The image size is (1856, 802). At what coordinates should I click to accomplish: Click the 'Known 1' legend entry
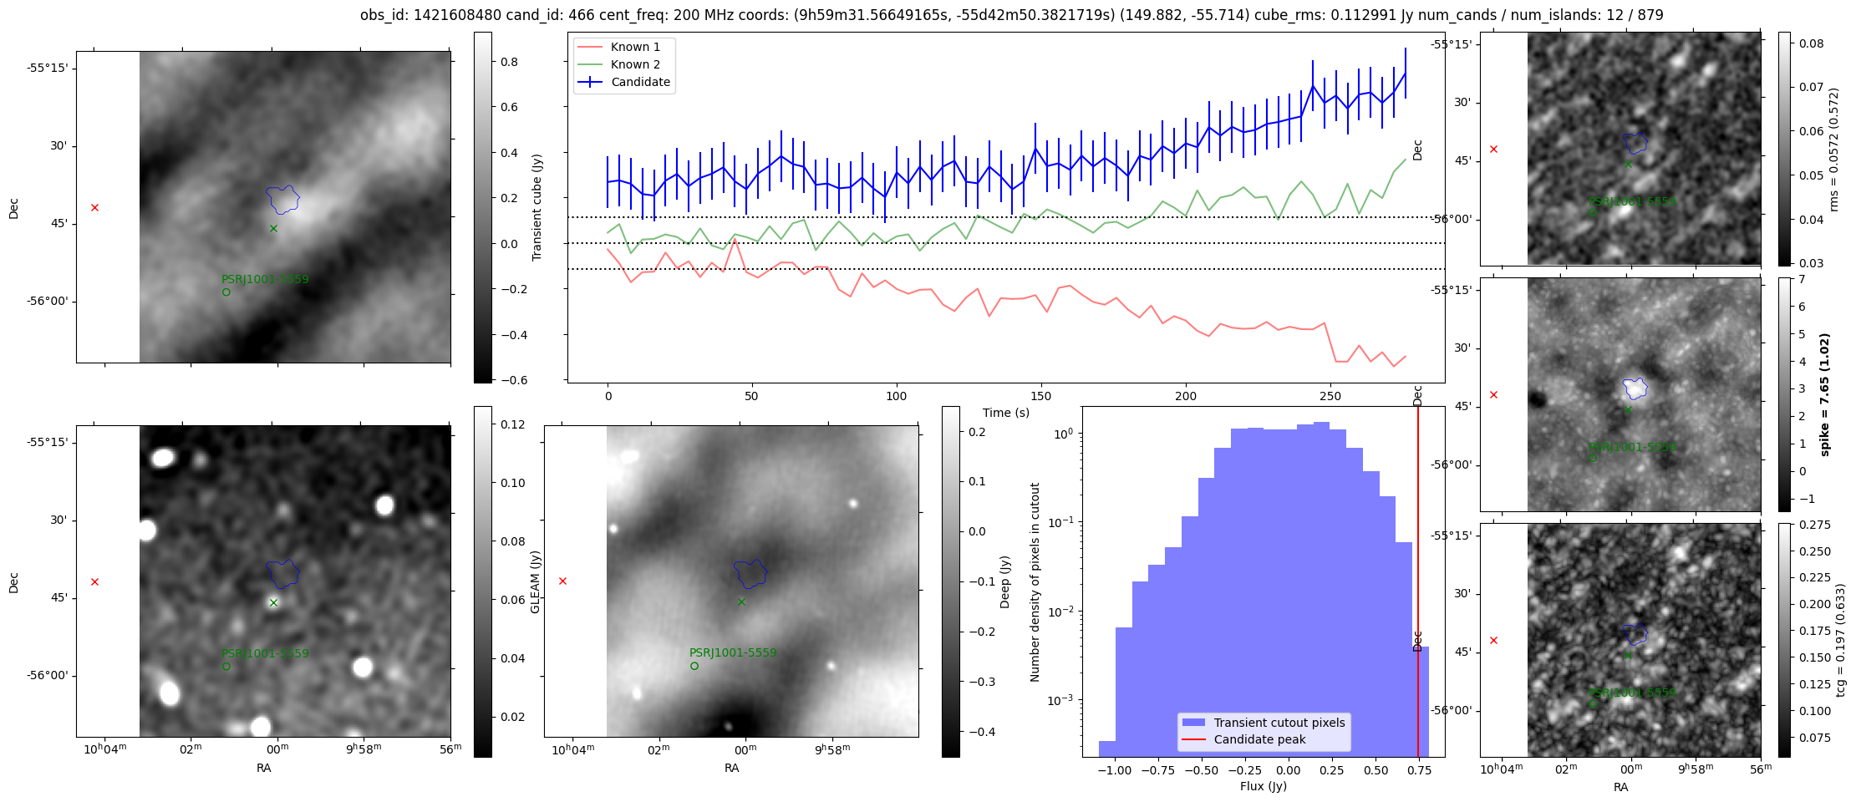[x=635, y=47]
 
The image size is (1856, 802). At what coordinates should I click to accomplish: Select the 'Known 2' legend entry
[x=635, y=64]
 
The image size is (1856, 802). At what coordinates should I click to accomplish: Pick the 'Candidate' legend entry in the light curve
[x=640, y=82]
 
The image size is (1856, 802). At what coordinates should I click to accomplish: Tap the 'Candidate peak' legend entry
[x=1259, y=739]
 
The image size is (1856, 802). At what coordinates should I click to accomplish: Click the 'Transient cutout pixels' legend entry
[x=1279, y=723]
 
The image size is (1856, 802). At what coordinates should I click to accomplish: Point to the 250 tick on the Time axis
[x=1330, y=396]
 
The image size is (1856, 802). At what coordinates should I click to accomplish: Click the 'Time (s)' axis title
[x=1005, y=413]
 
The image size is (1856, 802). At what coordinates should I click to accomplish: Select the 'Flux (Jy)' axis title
[x=1264, y=786]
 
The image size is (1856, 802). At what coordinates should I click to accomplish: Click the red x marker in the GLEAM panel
[x=94, y=581]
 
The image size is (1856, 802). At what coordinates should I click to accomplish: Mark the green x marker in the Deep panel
[x=741, y=601]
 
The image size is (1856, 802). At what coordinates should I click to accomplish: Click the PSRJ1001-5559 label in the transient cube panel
[x=265, y=279]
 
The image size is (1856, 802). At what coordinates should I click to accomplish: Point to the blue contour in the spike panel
[x=1635, y=388]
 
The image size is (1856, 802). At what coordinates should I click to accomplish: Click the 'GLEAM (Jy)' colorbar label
[x=536, y=581]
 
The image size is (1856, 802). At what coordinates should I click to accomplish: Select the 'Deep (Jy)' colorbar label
[x=1004, y=581]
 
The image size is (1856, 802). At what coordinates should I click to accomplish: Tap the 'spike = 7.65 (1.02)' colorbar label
[x=1825, y=394]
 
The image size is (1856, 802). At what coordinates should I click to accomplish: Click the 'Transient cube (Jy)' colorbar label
[x=536, y=207]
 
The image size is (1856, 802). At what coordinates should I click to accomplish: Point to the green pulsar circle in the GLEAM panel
[x=226, y=667]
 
